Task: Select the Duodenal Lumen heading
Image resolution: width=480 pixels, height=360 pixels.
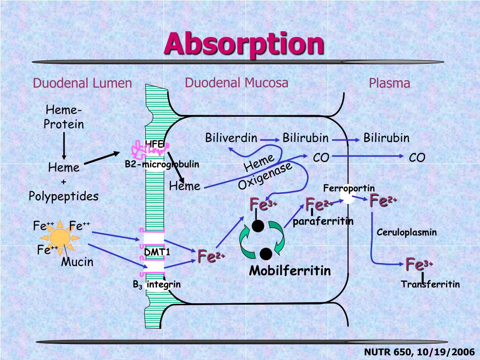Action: point(82,83)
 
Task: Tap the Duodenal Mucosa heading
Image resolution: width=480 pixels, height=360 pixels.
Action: point(236,83)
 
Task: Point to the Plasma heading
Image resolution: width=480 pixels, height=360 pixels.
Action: point(389,83)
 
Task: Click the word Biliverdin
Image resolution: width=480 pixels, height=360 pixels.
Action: point(231,138)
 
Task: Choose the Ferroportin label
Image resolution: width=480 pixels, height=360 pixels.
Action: point(349,188)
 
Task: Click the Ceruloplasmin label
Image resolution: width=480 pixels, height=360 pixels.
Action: point(406,232)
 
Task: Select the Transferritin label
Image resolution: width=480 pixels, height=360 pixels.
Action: point(430,284)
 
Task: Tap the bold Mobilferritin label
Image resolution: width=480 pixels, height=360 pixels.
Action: point(290,270)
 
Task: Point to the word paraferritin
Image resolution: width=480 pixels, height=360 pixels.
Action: point(323,221)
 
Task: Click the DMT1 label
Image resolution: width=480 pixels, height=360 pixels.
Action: point(157,253)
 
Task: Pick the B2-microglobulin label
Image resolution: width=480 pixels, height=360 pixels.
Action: point(162,164)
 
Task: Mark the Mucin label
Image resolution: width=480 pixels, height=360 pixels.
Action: point(77,262)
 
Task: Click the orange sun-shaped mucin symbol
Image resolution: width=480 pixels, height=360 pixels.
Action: point(60,237)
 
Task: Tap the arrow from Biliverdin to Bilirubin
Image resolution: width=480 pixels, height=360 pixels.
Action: point(269,139)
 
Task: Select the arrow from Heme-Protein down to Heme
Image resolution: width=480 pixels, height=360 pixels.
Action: point(64,146)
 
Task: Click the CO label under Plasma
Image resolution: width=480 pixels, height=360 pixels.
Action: point(417,157)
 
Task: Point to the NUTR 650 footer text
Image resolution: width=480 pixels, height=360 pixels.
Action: point(419,352)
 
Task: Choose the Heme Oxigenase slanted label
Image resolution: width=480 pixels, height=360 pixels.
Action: point(265,172)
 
